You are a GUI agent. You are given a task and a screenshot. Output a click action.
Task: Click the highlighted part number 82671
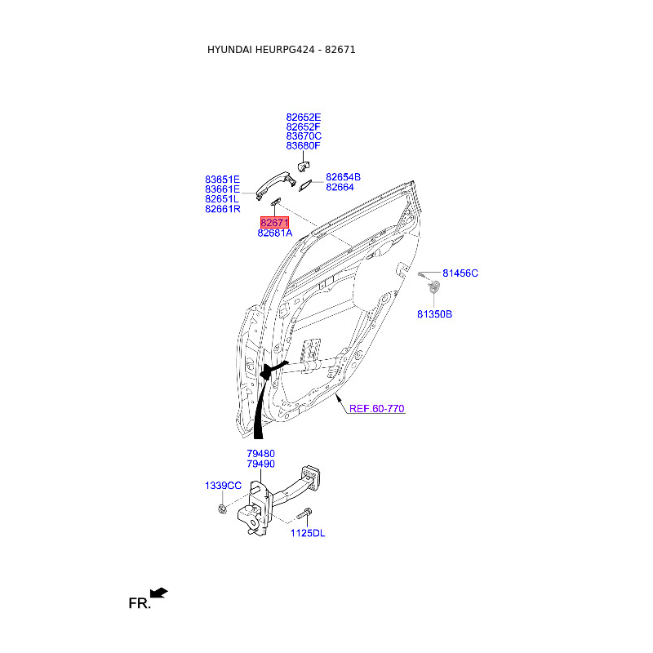pyautogui.click(x=274, y=222)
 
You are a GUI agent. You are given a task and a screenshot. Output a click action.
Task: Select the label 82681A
pyautogui.click(x=274, y=233)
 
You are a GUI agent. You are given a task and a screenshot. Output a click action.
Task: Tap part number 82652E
pyautogui.click(x=304, y=117)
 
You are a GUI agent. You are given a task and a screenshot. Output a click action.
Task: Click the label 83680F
pyautogui.click(x=304, y=146)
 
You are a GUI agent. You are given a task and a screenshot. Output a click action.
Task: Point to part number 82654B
pyautogui.click(x=343, y=176)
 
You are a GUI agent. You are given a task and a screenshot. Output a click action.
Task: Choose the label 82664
pyautogui.click(x=340, y=187)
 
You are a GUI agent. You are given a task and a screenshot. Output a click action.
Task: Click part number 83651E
pyautogui.click(x=222, y=179)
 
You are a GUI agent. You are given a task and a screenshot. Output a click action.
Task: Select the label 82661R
pyautogui.click(x=222, y=209)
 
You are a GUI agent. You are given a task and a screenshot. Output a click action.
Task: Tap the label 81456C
pyautogui.click(x=460, y=273)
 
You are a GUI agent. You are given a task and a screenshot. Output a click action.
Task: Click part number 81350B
pyautogui.click(x=434, y=313)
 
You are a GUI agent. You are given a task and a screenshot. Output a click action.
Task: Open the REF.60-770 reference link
pyautogui.click(x=377, y=408)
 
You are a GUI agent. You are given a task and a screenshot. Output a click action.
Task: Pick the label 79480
pyautogui.click(x=260, y=453)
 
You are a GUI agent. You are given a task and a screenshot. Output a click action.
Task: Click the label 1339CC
pyautogui.click(x=223, y=486)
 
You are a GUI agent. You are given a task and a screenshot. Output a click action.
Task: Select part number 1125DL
pyautogui.click(x=308, y=533)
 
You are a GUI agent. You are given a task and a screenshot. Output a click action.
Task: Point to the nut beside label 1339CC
pyautogui.click(x=222, y=509)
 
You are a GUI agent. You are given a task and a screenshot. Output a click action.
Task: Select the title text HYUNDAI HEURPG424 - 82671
pyautogui.click(x=281, y=50)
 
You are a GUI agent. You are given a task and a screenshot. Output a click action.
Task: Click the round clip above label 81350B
pyautogui.click(x=435, y=287)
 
